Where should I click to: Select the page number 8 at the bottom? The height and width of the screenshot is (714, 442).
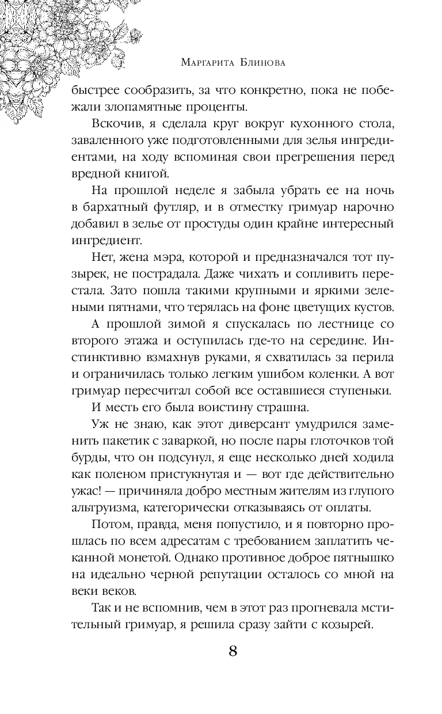(233, 651)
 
